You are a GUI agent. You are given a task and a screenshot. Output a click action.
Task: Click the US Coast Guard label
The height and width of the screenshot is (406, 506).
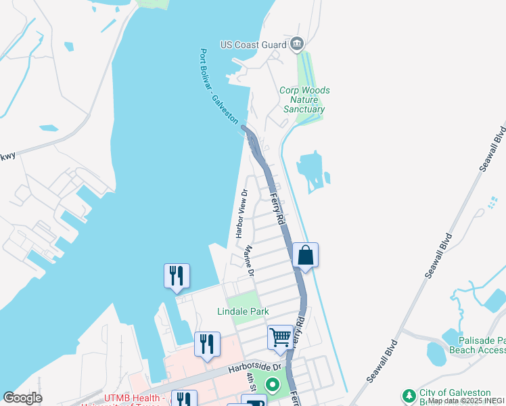tap(254, 45)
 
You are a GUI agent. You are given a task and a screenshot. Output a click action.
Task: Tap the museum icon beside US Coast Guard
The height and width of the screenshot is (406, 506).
tap(297, 45)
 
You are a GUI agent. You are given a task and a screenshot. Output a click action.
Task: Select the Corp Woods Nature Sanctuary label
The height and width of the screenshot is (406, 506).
tap(305, 99)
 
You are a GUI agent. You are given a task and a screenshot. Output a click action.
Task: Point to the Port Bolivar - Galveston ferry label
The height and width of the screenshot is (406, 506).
tap(219, 87)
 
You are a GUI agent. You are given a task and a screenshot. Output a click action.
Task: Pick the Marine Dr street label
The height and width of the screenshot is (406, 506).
tap(249, 261)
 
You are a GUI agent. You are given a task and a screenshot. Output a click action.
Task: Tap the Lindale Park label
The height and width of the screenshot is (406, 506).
tap(243, 311)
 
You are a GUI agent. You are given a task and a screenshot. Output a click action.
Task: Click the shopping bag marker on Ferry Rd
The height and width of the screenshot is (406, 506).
tap(306, 255)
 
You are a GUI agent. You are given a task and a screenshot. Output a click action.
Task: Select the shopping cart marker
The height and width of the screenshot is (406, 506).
tap(280, 336)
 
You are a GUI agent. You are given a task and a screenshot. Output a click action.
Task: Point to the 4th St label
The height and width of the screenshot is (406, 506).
tap(251, 382)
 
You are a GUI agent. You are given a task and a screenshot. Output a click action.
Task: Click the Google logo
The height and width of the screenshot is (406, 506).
tap(22, 398)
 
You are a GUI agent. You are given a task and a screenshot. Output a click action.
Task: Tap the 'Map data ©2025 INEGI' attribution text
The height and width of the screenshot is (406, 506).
tap(466, 401)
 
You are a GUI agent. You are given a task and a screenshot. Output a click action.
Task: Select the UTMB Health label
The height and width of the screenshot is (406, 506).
tap(122, 399)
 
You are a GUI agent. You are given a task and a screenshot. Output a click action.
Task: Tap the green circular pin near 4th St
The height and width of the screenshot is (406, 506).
tap(273, 386)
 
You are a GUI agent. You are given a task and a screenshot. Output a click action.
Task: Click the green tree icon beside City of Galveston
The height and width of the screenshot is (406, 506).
tap(409, 395)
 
